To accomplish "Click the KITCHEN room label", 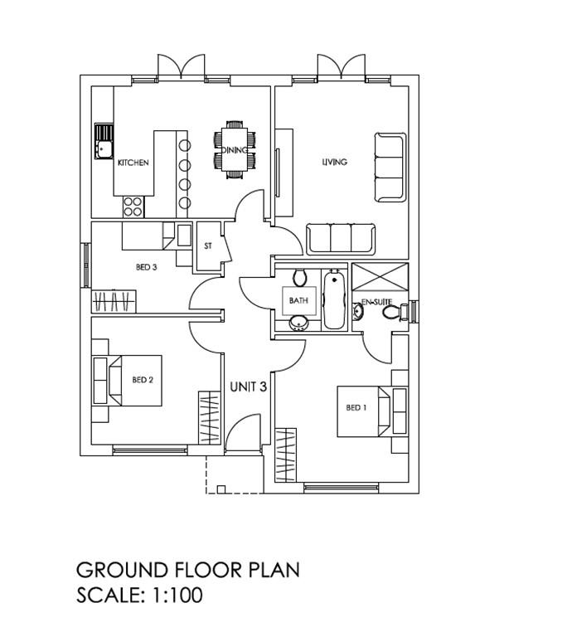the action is point(133,163).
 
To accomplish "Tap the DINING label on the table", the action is point(235,150).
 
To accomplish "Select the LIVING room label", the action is point(334,162).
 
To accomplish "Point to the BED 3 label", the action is point(146,267).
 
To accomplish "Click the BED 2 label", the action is point(143,380).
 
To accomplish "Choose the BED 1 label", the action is point(356,407).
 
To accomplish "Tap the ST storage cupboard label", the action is point(208,246).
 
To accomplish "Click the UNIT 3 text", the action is point(248,387).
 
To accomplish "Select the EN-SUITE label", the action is point(376,302).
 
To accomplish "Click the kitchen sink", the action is point(104,141).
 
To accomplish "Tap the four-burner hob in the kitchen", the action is point(133,207).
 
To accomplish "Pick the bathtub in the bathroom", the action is point(334,299).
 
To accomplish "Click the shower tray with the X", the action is point(380,276).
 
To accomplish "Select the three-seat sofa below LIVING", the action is point(341,239).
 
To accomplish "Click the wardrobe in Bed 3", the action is point(114,302).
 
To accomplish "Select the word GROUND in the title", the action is point(122,570).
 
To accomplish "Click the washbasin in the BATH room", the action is point(298,323).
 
